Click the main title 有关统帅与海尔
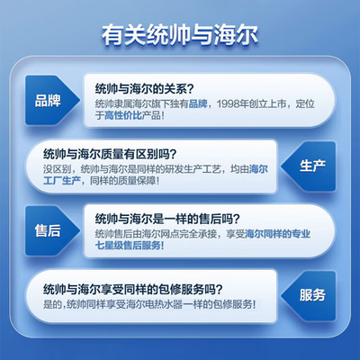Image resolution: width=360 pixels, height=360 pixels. tap(180, 38)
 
